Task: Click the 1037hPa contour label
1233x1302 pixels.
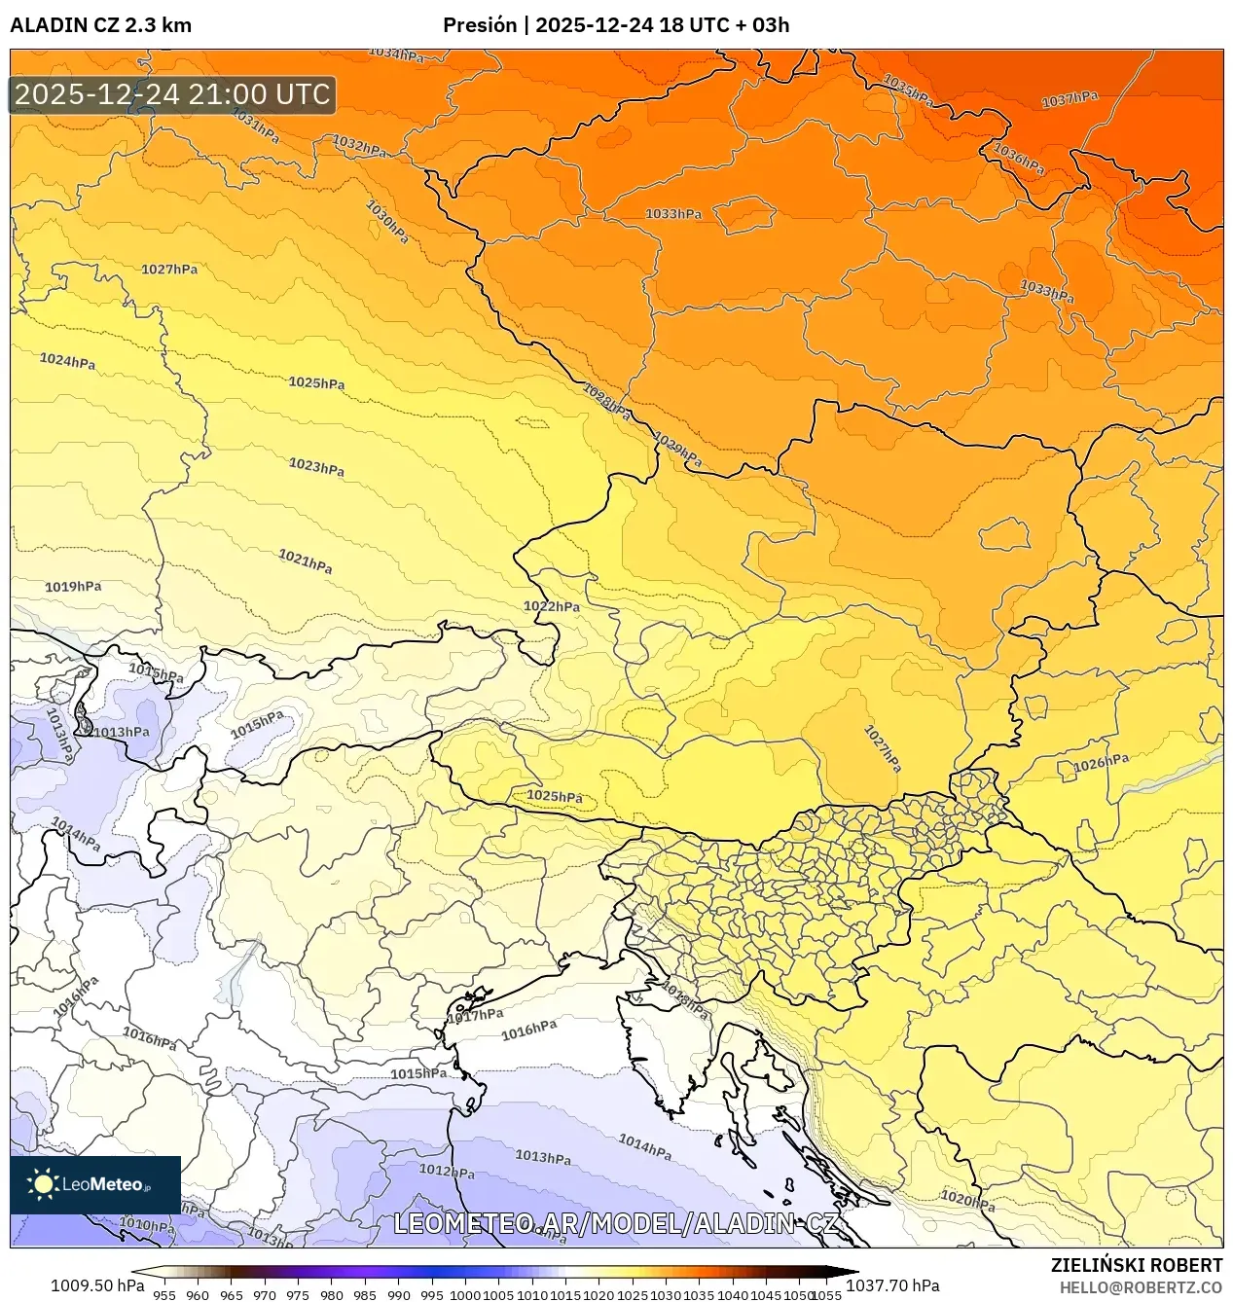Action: click(x=1069, y=99)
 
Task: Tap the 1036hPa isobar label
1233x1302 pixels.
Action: click(x=1018, y=159)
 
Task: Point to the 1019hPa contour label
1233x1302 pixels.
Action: click(x=73, y=587)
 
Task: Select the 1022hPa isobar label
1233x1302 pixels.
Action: click(x=552, y=606)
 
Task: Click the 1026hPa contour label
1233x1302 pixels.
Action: click(x=1101, y=764)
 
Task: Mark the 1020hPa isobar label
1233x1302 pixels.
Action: click(x=967, y=1201)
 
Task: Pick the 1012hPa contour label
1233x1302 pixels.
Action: click(x=447, y=1171)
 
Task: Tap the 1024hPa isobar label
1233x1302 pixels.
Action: click(x=67, y=361)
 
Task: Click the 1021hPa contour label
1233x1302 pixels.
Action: click(x=305, y=561)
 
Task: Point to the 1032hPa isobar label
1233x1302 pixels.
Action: click(x=359, y=146)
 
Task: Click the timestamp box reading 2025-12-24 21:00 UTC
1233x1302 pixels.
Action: click(x=172, y=94)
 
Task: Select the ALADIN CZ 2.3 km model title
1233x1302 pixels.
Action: click(x=100, y=25)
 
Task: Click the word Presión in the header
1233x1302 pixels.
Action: click(x=479, y=25)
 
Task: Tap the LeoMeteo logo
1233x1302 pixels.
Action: click(x=94, y=1184)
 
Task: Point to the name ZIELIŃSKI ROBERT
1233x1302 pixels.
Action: click(x=1136, y=1265)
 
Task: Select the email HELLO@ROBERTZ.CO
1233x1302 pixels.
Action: click(x=1141, y=1287)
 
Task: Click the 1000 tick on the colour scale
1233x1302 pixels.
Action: click(x=464, y=1295)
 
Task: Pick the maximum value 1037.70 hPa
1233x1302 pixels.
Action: click(x=892, y=1285)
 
